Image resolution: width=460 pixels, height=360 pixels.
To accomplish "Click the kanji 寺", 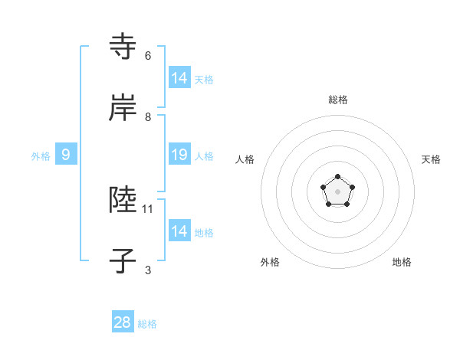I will pos(123,46).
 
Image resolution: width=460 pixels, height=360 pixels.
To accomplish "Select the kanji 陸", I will pos(123,199).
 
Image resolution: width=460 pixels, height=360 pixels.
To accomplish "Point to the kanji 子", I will pos(123,260).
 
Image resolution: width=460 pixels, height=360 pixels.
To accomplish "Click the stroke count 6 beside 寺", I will pos(148,56).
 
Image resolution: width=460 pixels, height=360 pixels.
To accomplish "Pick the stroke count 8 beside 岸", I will pos(148,117).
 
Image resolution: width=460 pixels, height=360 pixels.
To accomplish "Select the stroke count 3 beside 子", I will pos(148,270).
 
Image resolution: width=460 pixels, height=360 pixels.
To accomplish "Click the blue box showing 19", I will pos(179,155).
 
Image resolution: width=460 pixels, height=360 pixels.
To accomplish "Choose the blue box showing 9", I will pos(66,155).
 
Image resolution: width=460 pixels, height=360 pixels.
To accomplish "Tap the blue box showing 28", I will pos(123,322).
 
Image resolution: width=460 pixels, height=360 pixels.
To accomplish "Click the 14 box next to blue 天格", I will pos(179,77).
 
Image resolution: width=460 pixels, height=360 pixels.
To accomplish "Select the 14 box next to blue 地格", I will pos(179,231).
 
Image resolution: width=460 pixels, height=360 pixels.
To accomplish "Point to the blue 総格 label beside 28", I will pos(147,324).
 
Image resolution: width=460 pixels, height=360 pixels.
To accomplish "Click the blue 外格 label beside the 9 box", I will pos(41,156).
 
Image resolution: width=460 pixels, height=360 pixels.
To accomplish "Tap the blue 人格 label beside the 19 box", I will pos(204,156).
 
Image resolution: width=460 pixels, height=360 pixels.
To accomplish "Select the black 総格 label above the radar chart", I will pos(337,100).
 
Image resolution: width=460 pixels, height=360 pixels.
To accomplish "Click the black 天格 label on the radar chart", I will pos(431,159).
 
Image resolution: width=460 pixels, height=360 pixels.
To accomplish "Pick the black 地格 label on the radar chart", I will pos(402,262).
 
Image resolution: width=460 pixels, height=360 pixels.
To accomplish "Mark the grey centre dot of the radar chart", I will pos(337,191).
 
